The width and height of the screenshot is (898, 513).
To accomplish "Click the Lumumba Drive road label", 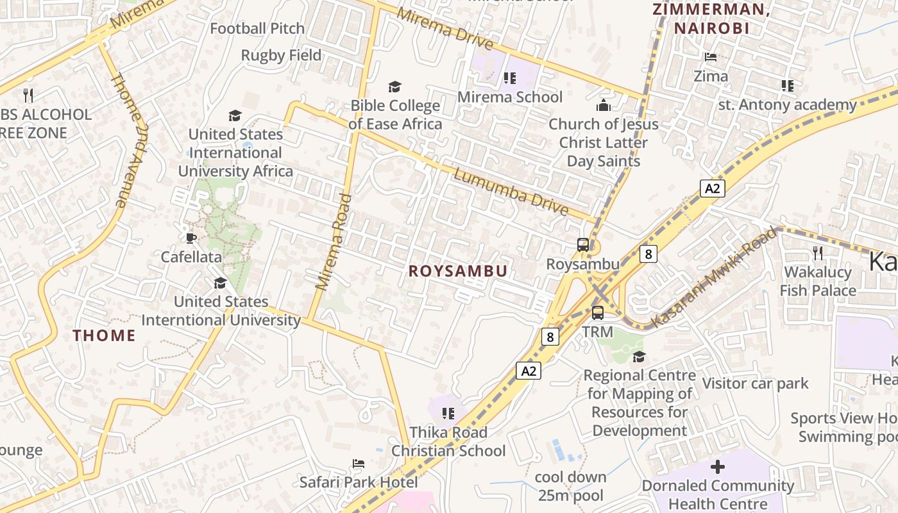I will pos(511,192).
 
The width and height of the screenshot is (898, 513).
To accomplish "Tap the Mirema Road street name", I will pos(334,242).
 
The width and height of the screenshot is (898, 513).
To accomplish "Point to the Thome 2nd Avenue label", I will pos(129,140).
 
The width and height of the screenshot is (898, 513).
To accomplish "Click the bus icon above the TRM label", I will pos(597,313).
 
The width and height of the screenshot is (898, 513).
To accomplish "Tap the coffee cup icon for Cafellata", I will pos(191,238).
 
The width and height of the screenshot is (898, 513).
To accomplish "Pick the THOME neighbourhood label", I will pos(104,335).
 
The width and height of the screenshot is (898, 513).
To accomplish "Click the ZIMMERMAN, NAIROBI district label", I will pos(711,19).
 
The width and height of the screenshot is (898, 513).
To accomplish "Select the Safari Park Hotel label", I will pos(359,482).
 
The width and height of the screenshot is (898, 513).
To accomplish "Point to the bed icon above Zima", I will pos(711,57).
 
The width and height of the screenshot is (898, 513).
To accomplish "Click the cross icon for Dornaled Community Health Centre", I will pos(718,467).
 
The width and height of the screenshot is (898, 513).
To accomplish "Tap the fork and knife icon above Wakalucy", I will pos(817,253).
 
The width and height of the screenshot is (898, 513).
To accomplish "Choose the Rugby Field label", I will pos(281,55).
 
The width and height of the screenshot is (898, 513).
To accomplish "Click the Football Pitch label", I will pos(257,28).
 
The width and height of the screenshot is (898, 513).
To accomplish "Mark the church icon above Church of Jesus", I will pos(603,105).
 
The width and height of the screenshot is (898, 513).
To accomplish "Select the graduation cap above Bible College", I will pos(394,87).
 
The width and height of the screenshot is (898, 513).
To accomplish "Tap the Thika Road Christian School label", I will pos(448,441).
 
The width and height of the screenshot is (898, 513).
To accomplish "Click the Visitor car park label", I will pos(755,383).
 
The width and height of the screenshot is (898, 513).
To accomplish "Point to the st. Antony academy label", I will pos(787,105).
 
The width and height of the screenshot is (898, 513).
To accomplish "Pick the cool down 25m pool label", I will pos(570,486).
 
